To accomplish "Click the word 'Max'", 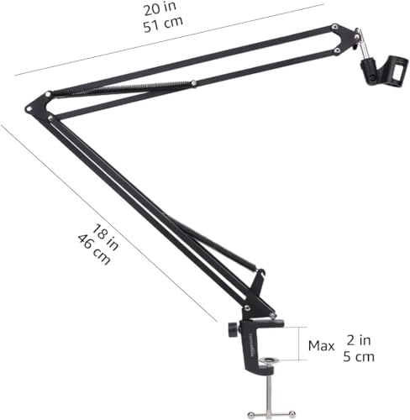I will pos(320,344).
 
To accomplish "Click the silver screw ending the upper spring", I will pos(193,82).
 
